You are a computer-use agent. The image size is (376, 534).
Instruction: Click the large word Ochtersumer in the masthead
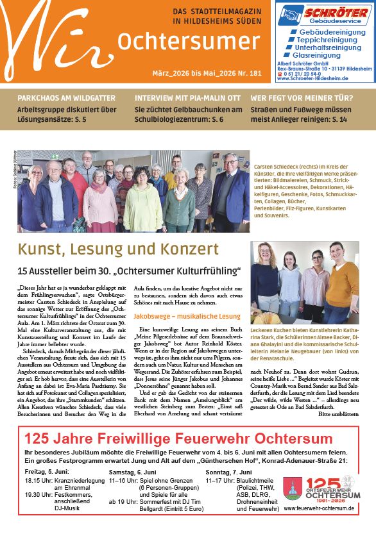pyautogui.click(x=179, y=41)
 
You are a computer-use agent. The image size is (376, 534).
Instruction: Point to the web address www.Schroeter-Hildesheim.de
pyautogui.click(x=312, y=78)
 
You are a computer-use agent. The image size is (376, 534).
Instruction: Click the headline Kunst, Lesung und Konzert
pyautogui.click(x=118, y=249)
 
